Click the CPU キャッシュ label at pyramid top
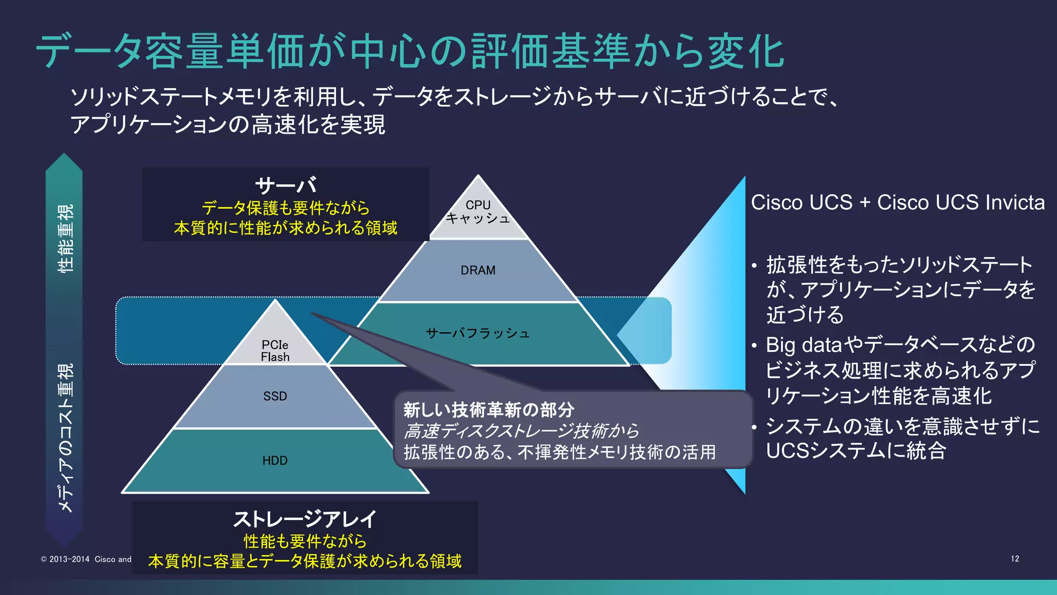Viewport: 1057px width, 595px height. tap(478, 212)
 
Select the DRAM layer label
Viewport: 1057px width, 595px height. tap(478, 270)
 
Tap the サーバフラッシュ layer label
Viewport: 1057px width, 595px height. tap(478, 333)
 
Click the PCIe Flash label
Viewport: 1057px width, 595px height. tap(275, 351)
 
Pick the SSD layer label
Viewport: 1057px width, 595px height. tap(275, 396)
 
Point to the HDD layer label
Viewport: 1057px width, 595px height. tap(275, 460)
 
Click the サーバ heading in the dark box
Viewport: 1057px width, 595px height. tap(285, 185)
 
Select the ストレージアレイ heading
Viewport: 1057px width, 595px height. tap(305, 519)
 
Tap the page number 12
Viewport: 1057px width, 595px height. tap(1015, 559)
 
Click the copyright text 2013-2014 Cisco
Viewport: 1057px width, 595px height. tap(86, 559)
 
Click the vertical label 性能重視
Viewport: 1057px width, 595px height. tap(66, 238)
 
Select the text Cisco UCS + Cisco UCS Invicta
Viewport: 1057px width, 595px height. tap(898, 202)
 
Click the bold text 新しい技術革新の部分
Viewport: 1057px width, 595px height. tap(488, 410)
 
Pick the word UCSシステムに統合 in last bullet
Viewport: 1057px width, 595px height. tap(856, 451)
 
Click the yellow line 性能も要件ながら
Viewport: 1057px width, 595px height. tap(305, 541)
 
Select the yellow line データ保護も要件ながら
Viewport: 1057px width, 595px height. tap(285, 208)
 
